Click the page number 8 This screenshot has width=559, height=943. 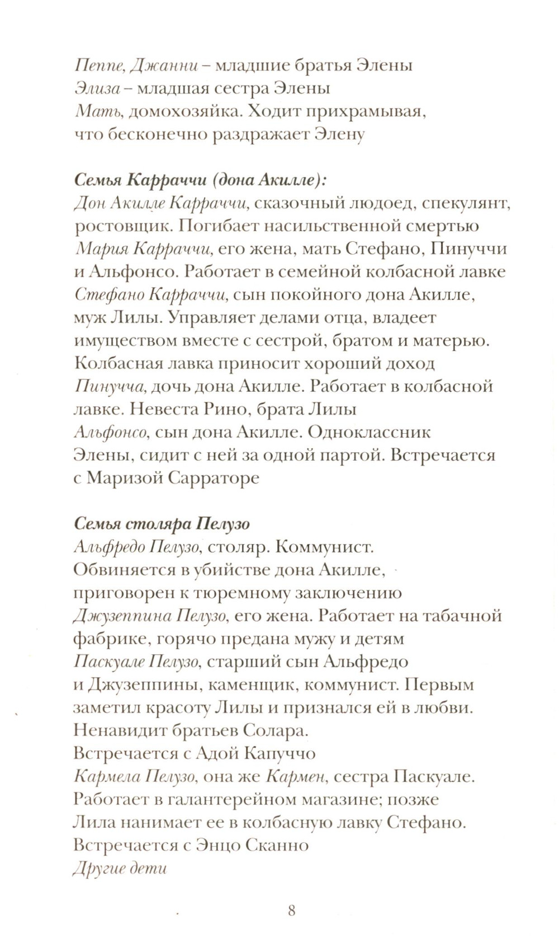291,911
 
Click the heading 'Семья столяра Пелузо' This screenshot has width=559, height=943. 162,524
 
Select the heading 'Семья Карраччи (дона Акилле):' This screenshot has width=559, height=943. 200,180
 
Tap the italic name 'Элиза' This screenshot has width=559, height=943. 98,88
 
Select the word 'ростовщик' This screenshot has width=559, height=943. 116,226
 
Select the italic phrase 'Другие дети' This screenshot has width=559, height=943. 120,868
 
